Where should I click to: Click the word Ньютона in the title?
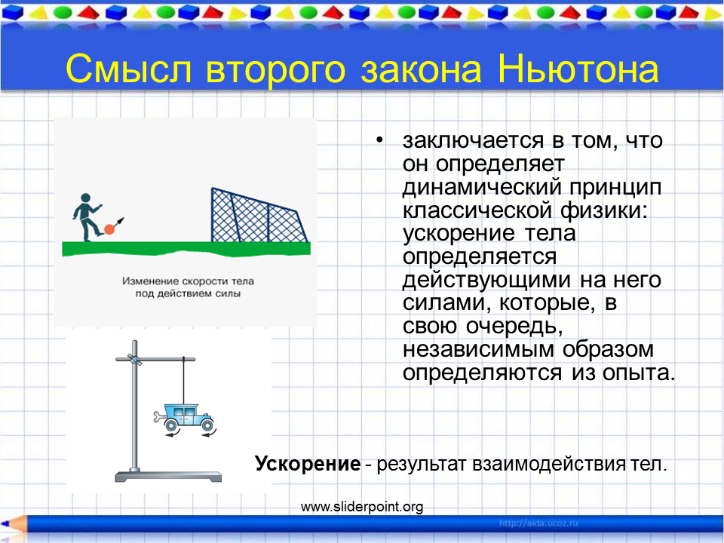coord(578,69)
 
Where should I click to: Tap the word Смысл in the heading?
coord(128,69)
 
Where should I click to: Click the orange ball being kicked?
coord(109,229)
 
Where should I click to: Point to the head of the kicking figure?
coord(85,198)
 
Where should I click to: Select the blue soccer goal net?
coord(259,215)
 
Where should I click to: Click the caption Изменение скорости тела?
coord(188,281)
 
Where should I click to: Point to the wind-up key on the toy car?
coord(158,417)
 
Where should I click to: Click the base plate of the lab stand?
coord(168,477)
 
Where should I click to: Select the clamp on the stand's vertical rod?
coord(134,359)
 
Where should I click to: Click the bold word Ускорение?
coord(308,464)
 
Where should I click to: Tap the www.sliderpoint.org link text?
coord(362,507)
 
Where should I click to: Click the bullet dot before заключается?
coord(379,140)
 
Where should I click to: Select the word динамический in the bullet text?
coord(482,188)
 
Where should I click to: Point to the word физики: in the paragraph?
coord(604,210)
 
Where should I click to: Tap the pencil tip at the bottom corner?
coord(3,524)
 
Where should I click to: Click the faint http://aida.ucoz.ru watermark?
coord(538,523)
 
